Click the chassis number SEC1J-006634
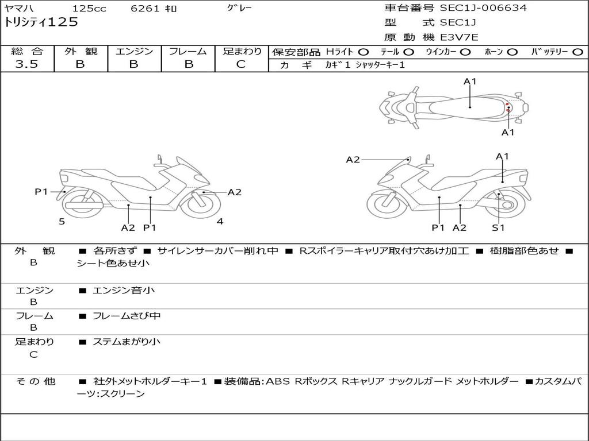tap(483, 8)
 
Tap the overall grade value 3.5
tap(26, 64)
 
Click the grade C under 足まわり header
tap(241, 64)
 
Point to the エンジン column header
tap(134, 52)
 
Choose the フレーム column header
tap(188, 52)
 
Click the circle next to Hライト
tap(364, 52)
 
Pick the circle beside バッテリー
tap(579, 52)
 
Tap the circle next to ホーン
tap(512, 52)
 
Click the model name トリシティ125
tap(41, 23)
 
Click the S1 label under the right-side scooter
tap(498, 228)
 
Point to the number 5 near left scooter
tap(62, 222)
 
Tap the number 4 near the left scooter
tap(220, 222)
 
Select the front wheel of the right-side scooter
tap(383, 205)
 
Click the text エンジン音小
tap(124, 291)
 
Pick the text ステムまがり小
tap(127, 342)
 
